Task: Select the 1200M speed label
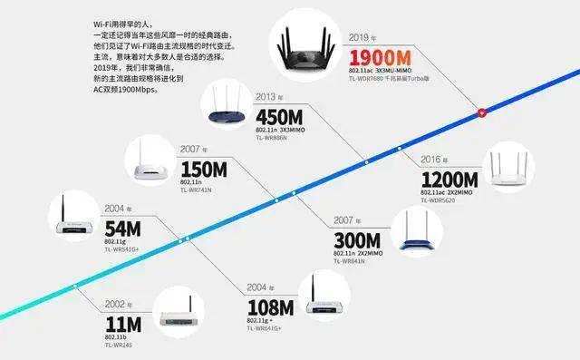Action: pyautogui.click(x=449, y=180)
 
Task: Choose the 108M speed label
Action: pyautogui.click(x=270, y=305)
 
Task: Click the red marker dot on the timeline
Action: pyautogui.click(x=482, y=112)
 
